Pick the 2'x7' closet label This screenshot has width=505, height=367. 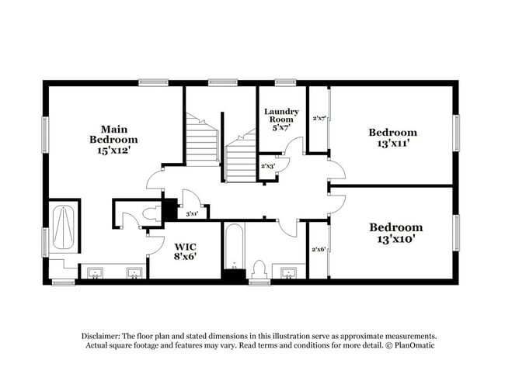pyautogui.click(x=319, y=119)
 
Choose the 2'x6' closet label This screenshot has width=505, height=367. pyautogui.click(x=318, y=249)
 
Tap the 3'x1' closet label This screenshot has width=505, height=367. pyautogui.click(x=191, y=214)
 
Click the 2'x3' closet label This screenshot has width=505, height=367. pyautogui.click(x=268, y=166)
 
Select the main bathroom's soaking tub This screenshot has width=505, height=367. pyautogui.click(x=63, y=227)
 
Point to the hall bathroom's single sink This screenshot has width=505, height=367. pyautogui.click(x=290, y=272)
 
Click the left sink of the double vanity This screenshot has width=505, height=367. pyautogui.click(x=95, y=272)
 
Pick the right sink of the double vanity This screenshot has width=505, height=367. pyautogui.click(x=133, y=272)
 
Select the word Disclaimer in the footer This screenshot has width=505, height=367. pyautogui.click(x=105, y=336)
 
